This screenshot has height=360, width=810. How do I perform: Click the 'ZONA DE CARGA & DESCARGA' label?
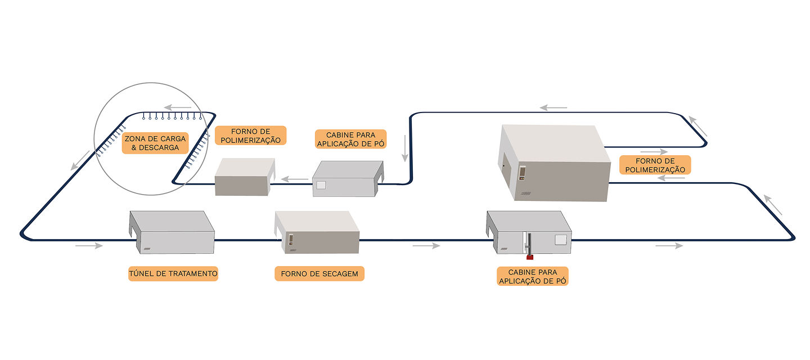point(155,143)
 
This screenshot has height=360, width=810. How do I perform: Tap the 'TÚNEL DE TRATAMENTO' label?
point(173,274)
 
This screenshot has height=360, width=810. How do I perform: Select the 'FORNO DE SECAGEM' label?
point(319,274)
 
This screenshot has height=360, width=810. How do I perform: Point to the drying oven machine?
point(317,234)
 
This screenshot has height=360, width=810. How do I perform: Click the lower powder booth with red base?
point(529,234)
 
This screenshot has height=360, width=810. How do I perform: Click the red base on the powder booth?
point(529,258)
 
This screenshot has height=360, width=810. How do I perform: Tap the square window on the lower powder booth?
point(560,240)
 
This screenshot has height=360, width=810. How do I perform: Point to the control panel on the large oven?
point(522,172)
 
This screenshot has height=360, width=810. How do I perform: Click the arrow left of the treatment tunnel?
point(89,246)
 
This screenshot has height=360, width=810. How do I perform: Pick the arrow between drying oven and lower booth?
point(426,246)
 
